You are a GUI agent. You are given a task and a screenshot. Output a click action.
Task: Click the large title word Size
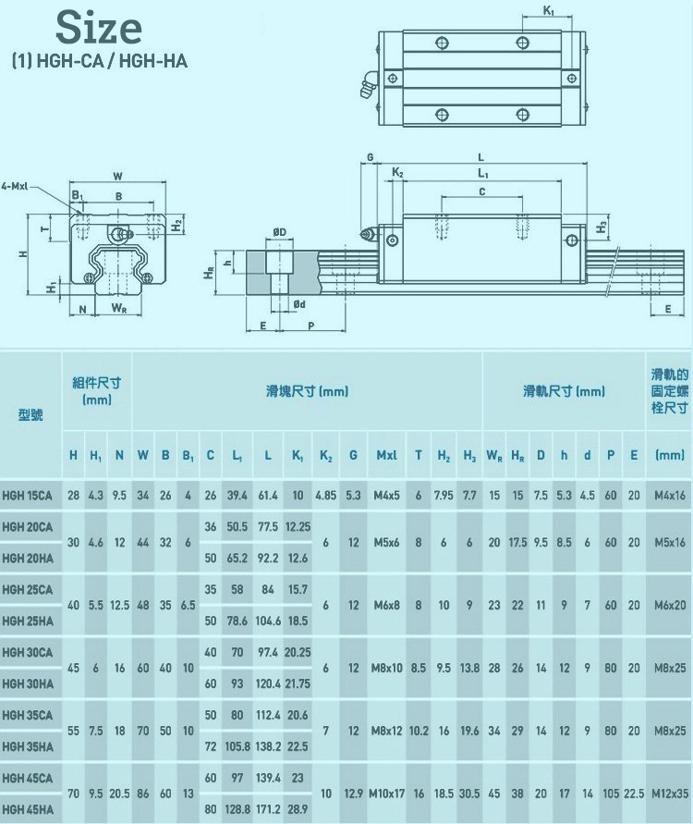pyautogui.click(x=99, y=28)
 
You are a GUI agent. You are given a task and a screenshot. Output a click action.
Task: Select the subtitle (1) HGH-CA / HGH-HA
pyautogui.click(x=99, y=63)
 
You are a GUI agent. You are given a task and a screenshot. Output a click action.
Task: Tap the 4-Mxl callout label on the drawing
pyautogui.click(x=18, y=185)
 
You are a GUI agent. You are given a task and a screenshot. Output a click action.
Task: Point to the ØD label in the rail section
pyautogui.click(x=279, y=231)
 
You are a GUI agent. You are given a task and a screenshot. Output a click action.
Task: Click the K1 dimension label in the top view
pyautogui.click(x=549, y=10)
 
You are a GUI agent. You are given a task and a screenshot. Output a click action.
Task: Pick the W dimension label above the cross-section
pyautogui.click(x=117, y=175)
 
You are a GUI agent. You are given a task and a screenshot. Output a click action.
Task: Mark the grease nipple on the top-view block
pyautogui.click(x=362, y=86)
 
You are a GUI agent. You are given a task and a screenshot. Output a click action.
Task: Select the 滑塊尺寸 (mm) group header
pyautogui.click(x=307, y=391)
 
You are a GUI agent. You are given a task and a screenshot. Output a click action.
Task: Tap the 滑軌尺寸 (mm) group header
pyautogui.click(x=564, y=391)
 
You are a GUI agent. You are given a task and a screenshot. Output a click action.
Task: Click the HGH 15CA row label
pyautogui.click(x=27, y=495)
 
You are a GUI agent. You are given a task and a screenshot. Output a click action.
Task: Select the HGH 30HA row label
pyautogui.click(x=27, y=683)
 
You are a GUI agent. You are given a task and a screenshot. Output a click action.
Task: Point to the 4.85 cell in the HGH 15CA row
pyautogui.click(x=325, y=495)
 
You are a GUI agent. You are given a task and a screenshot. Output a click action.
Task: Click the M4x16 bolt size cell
pyautogui.click(x=669, y=495)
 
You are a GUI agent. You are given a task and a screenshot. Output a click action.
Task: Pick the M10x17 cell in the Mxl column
pyautogui.click(x=388, y=794)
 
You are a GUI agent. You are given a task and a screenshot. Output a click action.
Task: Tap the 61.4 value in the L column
pyautogui.click(x=268, y=495)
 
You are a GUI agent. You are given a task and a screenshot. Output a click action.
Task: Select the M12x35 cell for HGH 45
pyautogui.click(x=669, y=794)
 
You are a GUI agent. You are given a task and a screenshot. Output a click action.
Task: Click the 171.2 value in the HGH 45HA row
pyautogui.click(x=268, y=809)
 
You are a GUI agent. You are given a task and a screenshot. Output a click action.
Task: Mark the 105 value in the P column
pyautogui.click(x=610, y=794)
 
